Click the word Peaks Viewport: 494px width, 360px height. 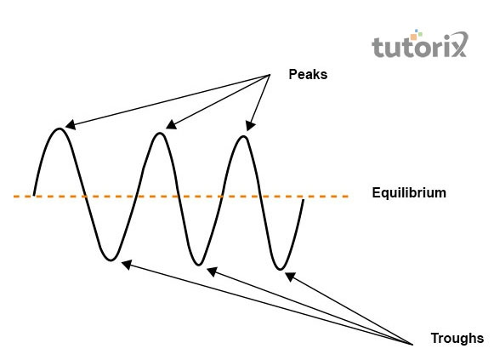click(308, 74)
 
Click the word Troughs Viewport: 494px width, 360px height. click(457, 338)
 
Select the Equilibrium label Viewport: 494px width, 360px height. click(409, 192)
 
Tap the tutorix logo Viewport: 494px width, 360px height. click(420, 43)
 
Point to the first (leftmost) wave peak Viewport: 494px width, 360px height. click(60, 129)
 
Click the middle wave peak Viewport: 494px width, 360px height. click(160, 134)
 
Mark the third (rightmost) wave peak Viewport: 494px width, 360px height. click(244, 136)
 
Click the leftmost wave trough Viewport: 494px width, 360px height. click(111, 260)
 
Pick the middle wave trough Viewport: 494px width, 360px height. click(198, 265)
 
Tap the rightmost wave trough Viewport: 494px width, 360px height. click(280, 269)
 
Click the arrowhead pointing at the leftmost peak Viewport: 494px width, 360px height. click(70, 125)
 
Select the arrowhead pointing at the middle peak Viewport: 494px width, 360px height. click(170, 124)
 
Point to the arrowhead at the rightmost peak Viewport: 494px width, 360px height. click(250, 126)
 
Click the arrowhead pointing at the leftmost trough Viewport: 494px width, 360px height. click(126, 265)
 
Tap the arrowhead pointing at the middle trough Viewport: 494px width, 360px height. click(212, 271)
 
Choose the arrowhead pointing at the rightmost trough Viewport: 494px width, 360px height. click(290, 277)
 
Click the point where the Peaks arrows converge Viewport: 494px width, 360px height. click(270, 75)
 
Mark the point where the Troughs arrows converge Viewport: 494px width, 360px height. click(412, 344)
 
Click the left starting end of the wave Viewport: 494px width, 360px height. click(34, 195)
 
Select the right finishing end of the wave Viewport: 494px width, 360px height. click(303, 199)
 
